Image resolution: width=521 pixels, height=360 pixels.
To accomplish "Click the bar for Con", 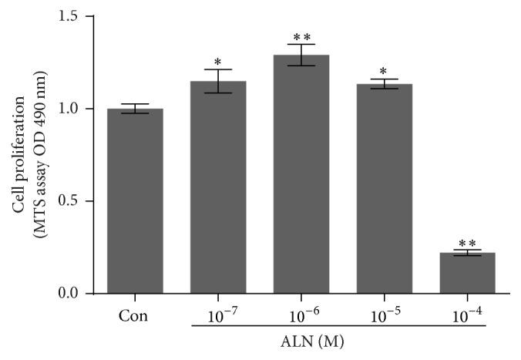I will coord(135,200).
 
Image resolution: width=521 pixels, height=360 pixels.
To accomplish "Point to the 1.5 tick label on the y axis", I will coord(74,16).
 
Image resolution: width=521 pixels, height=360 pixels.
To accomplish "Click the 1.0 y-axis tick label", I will coord(74,109).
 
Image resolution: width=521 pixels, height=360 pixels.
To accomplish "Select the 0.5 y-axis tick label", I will coord(74,201).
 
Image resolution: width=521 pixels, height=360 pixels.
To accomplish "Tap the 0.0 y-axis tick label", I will coord(74,294).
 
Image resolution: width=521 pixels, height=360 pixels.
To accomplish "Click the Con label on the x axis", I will coord(135,315).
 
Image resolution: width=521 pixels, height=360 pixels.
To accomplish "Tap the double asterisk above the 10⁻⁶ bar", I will coord(301,37).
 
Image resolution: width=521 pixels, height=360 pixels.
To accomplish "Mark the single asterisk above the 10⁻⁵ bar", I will coord(384,72).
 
